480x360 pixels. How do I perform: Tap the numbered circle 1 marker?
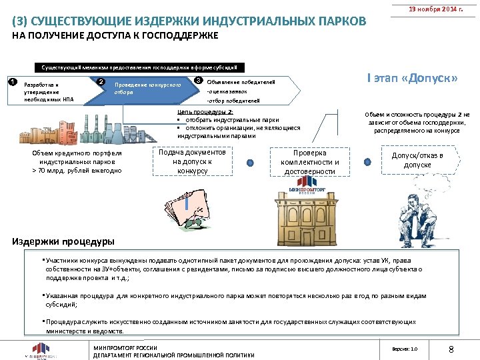[11, 82]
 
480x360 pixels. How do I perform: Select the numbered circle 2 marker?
[101, 82]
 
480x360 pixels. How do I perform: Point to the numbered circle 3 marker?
[198, 81]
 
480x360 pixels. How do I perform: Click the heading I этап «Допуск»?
[412, 79]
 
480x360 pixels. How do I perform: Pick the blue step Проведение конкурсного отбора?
[147, 89]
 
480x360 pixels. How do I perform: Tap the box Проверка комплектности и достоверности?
[310, 162]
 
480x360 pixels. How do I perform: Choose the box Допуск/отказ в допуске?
[417, 160]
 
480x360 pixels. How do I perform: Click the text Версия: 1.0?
[405, 349]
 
